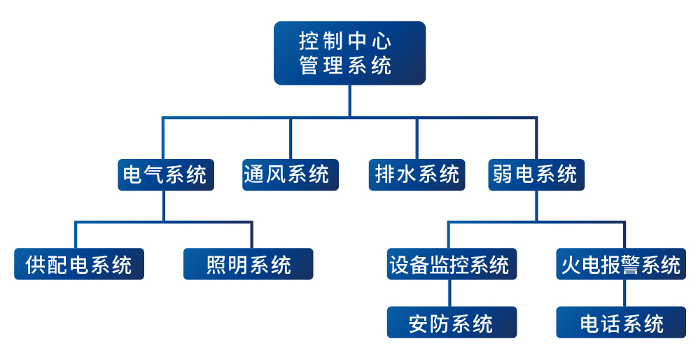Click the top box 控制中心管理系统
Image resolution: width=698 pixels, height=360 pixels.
click(x=349, y=53)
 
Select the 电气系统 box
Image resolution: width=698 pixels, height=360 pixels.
click(x=165, y=174)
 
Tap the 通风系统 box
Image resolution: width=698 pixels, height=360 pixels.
click(x=291, y=174)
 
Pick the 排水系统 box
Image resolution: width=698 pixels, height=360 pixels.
click(x=417, y=174)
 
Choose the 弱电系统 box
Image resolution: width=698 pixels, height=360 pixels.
click(x=536, y=174)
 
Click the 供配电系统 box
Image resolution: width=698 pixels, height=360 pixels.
click(x=78, y=264)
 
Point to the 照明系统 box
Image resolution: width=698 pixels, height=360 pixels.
click(x=248, y=264)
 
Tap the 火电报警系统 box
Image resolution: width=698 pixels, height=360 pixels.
click(x=621, y=264)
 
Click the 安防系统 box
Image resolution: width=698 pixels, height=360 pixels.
click(x=452, y=322)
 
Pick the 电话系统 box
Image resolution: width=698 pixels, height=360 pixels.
click(x=621, y=322)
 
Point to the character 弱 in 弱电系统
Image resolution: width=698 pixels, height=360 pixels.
click(x=502, y=174)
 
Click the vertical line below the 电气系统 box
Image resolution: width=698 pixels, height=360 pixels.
click(x=164, y=206)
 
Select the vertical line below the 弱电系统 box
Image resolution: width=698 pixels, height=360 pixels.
click(x=536, y=206)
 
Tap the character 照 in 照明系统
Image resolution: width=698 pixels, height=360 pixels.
click(x=217, y=265)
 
